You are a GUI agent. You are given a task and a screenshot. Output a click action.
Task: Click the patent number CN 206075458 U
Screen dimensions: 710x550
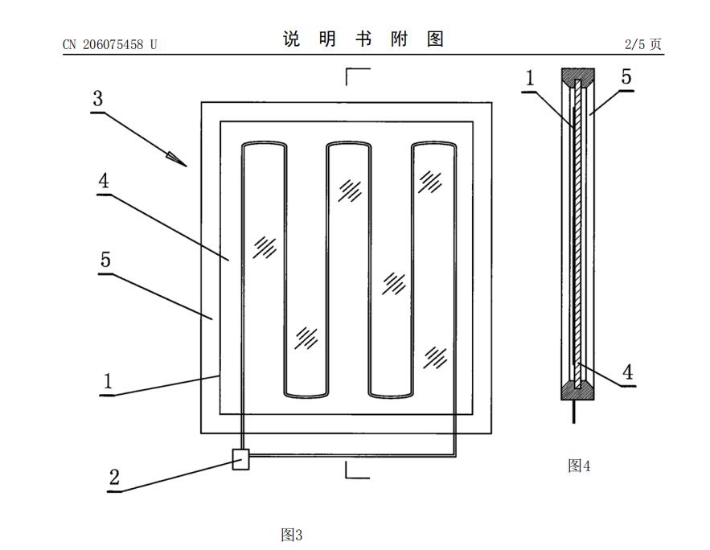pyautogui.click(x=109, y=44)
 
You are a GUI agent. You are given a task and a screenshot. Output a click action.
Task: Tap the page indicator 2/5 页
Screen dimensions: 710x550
pyautogui.click(x=643, y=44)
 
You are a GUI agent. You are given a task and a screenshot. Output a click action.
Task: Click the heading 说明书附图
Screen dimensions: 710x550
pyautogui.click(x=363, y=39)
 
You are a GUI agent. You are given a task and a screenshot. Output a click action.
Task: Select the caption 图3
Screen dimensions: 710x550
pyautogui.click(x=292, y=535)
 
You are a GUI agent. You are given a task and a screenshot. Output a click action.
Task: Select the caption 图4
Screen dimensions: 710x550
pyautogui.click(x=579, y=466)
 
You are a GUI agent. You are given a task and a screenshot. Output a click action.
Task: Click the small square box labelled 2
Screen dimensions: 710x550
pyautogui.click(x=240, y=459)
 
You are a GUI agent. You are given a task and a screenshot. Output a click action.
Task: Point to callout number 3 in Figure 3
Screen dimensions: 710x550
pyautogui.click(x=98, y=98)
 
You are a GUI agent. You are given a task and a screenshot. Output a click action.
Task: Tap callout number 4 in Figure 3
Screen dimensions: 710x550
pyautogui.click(x=104, y=181)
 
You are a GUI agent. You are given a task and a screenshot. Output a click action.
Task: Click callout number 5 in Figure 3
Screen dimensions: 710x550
pyautogui.click(x=105, y=260)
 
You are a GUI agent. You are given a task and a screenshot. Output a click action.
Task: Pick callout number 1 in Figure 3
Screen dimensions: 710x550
pyautogui.click(x=108, y=381)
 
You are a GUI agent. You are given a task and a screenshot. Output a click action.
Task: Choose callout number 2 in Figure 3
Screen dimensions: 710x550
pyautogui.click(x=114, y=477)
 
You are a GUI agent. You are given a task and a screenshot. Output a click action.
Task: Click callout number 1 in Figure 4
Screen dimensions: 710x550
pyautogui.click(x=530, y=78)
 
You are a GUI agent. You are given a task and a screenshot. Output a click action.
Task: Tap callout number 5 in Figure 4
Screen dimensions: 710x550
pyautogui.click(x=626, y=76)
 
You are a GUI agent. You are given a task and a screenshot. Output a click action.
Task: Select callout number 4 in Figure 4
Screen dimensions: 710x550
pyautogui.click(x=628, y=372)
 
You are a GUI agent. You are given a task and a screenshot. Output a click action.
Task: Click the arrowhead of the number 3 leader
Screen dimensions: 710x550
pyautogui.click(x=177, y=159)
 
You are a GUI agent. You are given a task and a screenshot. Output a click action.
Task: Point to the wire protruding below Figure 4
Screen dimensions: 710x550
pyautogui.click(x=574, y=412)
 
